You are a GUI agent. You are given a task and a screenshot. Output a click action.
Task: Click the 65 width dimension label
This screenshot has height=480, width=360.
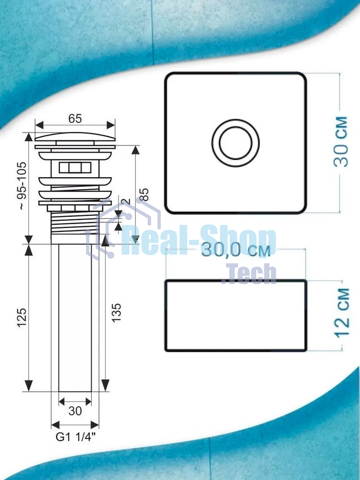[x=75, y=119]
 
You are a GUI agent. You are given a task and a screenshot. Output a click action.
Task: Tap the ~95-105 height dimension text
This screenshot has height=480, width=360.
[x=23, y=186]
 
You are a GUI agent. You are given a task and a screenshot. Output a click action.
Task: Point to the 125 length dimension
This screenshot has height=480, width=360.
[x=22, y=318]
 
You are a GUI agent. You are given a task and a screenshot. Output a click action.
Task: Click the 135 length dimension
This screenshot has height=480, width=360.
[x=116, y=312]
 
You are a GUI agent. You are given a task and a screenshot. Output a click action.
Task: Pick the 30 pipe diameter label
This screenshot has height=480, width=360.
[x=75, y=411]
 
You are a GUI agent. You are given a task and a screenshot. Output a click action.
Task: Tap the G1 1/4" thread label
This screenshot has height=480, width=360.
[x=75, y=437]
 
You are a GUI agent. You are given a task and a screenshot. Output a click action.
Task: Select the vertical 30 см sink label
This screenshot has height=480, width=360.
[x=341, y=142]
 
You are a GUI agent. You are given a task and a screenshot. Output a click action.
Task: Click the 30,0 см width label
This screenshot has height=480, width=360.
[x=236, y=250]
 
